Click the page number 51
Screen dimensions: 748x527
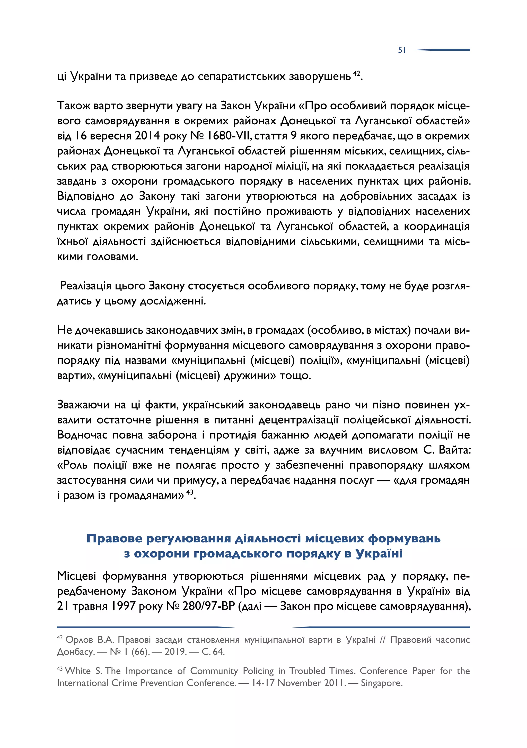402,50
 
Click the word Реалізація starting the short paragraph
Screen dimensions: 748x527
86,286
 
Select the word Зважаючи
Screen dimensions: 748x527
83,405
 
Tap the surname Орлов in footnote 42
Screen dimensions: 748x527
80,640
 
